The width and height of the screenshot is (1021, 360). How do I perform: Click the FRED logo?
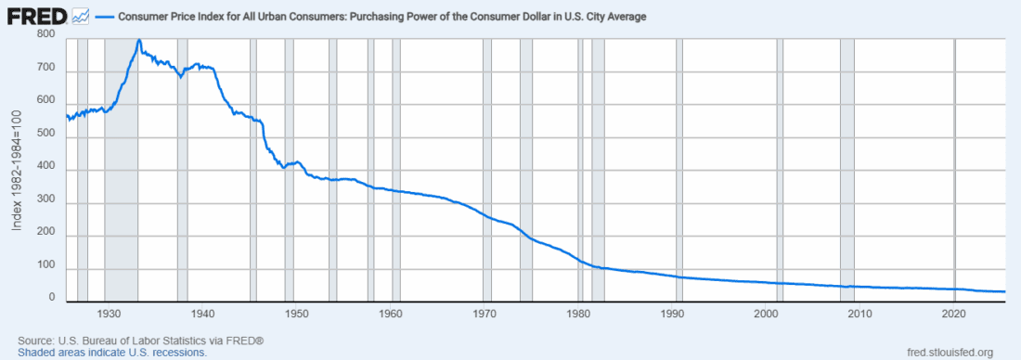coord(35,17)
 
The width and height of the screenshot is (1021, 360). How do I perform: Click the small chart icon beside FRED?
coord(80,17)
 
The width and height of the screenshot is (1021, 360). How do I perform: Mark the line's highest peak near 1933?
coord(138,40)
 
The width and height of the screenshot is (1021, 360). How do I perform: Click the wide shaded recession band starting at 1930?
coord(121,186)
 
